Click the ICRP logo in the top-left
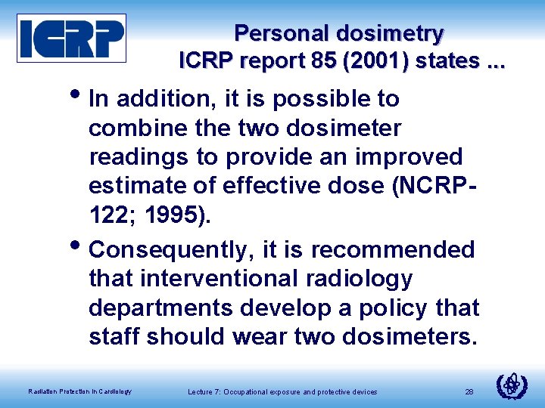point(72,38)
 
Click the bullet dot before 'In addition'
point(80,94)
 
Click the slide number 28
point(469,391)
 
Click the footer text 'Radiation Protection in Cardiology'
point(79,391)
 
